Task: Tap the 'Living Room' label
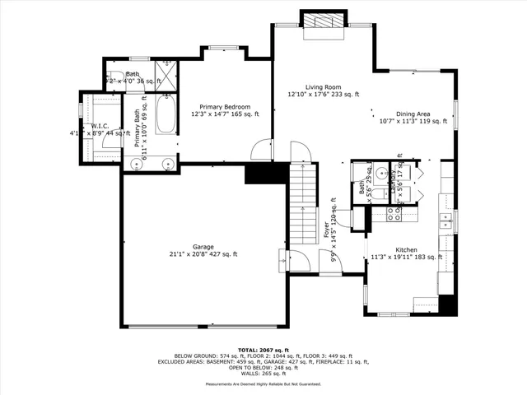point(324,86)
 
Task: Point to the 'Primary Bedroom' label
point(225,106)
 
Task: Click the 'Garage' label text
point(203,246)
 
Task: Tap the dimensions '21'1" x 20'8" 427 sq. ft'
point(203,254)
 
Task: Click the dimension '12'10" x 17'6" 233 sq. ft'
point(324,95)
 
